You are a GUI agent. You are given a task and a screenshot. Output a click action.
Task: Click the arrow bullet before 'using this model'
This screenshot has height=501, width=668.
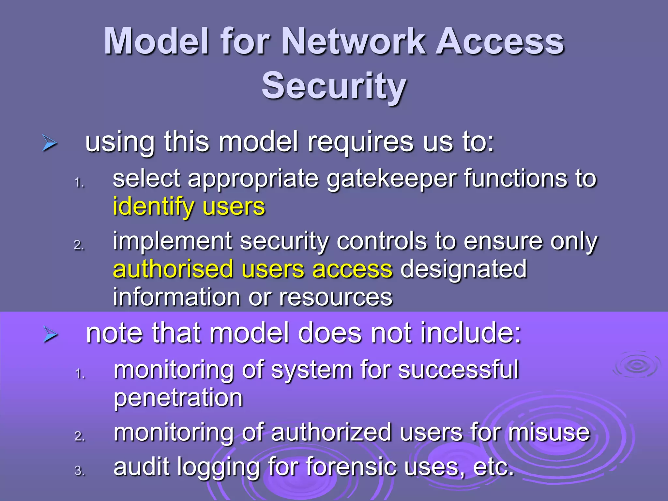[50, 144]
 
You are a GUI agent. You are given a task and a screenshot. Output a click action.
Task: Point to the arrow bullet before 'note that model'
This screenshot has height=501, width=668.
[50, 335]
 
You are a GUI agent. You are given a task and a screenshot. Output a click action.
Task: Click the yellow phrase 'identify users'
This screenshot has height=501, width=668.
[189, 207]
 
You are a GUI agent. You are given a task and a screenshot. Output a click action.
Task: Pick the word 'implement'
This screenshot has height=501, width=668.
[173, 241]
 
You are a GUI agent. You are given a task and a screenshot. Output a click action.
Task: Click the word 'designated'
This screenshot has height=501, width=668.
[463, 269]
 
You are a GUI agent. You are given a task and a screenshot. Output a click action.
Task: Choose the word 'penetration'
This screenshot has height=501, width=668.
[178, 398]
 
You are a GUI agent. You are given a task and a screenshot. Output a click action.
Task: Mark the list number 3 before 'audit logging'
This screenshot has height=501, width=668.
[79, 471]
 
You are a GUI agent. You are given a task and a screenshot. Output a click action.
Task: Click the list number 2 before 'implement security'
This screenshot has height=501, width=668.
[79, 245]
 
